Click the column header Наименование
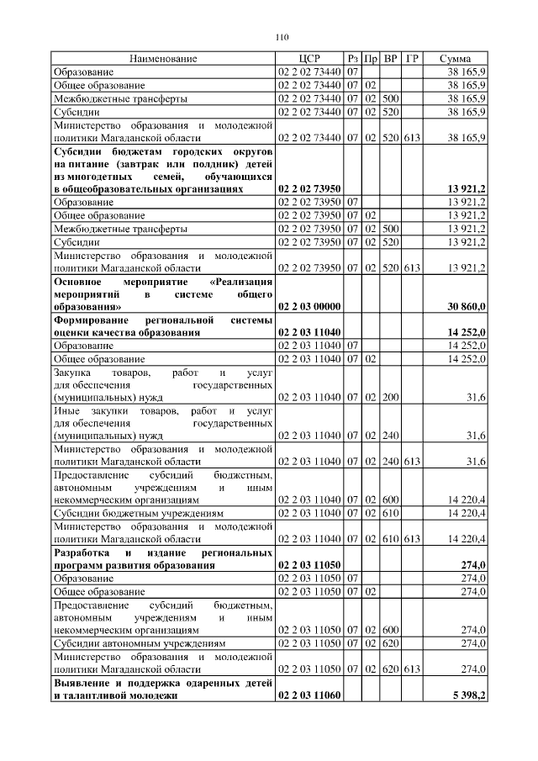(x=163, y=59)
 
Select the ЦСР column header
(x=309, y=59)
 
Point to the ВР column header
(x=390, y=59)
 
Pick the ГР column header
(x=412, y=59)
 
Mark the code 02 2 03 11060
(x=309, y=695)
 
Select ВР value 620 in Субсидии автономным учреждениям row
(x=390, y=643)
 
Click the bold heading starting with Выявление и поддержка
(x=163, y=689)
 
